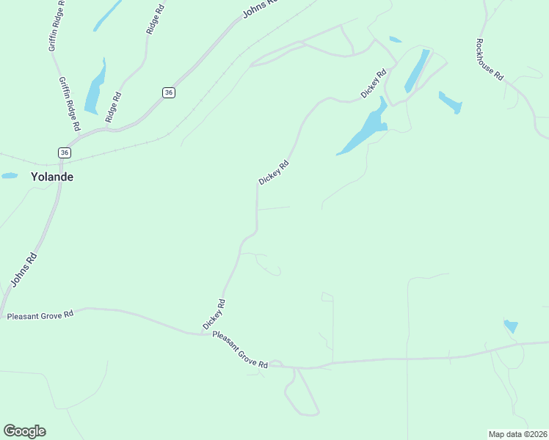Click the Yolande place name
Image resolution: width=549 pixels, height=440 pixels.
[51, 177]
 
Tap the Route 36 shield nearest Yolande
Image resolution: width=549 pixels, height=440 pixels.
[65, 153]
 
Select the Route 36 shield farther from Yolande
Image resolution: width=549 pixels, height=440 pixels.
[169, 92]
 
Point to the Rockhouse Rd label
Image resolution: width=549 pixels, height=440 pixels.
[489, 59]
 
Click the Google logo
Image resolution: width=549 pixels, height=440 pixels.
[24, 431]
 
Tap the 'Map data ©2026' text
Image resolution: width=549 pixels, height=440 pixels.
[517, 433]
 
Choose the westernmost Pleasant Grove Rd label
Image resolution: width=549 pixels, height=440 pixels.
[40, 315]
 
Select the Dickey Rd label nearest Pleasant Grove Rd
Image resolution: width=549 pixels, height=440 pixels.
[214, 314]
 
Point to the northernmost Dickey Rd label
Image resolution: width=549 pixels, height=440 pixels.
[374, 84]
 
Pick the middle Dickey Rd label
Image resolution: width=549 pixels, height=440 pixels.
[274, 173]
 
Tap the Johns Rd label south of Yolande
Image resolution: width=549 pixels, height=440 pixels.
[23, 271]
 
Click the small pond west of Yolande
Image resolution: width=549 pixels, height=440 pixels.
[10, 176]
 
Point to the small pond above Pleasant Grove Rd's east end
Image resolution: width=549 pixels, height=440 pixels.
[511, 326]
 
